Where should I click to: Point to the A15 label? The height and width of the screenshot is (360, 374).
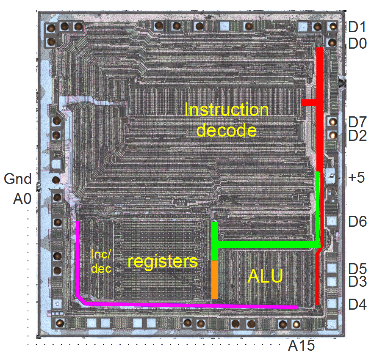coord(302,346)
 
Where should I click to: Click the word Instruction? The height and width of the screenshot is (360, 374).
coord(227,110)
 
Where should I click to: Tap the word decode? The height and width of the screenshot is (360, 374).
coord(227,130)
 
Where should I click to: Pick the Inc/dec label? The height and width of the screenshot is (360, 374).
coord(101,261)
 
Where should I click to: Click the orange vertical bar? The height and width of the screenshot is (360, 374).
coord(215,279)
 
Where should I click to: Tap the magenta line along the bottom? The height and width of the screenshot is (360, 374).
coord(191,305)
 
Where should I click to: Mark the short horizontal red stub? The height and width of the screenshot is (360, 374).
coord(309,102)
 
